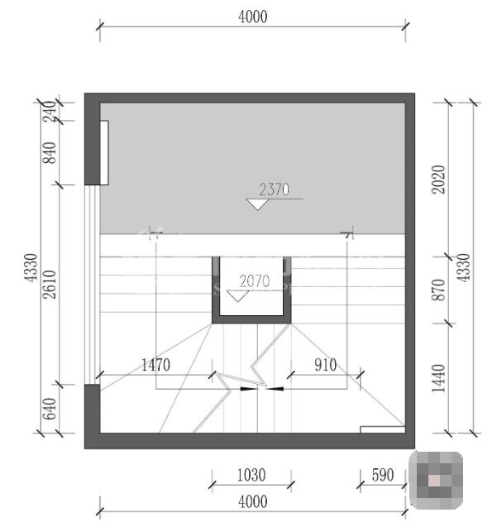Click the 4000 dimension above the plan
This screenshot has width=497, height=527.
253,17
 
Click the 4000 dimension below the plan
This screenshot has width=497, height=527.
253,502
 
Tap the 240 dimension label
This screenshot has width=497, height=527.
50,112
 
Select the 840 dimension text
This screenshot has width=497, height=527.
50,153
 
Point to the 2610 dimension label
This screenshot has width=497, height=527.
50,285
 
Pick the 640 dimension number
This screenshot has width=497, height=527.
50,409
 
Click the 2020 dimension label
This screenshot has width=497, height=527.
438,180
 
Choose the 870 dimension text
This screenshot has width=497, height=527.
438,290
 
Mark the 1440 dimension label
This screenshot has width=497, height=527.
438,378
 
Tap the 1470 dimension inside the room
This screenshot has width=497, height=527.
155,365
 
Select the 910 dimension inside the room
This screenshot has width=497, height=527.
326,365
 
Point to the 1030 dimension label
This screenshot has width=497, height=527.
251,475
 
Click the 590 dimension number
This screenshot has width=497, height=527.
383,475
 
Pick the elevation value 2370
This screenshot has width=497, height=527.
275,190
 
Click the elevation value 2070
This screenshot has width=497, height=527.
255,281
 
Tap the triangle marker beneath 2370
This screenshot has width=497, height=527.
258,204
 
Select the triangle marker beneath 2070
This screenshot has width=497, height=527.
238,296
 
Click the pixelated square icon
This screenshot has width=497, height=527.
436,481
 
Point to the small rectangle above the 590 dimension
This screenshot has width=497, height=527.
382,429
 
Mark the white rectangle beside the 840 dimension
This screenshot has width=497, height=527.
104,152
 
